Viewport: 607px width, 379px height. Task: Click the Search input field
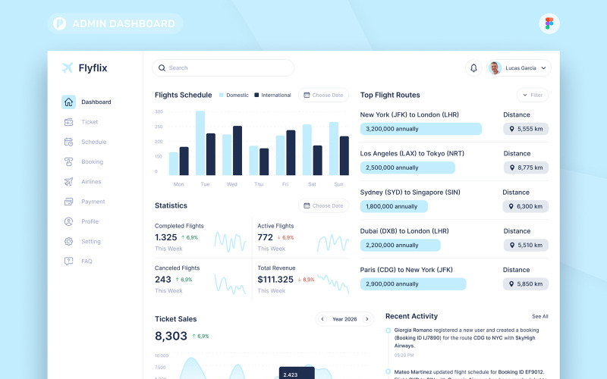pyautogui.click(x=223, y=68)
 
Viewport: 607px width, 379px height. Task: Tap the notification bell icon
pyautogui.click(x=473, y=68)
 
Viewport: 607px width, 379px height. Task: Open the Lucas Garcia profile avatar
pyautogui.click(x=495, y=68)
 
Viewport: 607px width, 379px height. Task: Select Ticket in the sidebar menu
pyautogui.click(x=89, y=122)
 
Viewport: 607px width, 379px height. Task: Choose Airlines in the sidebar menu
pyautogui.click(x=90, y=182)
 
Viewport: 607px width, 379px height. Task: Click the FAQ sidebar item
pyautogui.click(x=86, y=262)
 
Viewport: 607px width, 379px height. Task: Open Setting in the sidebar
pyautogui.click(x=90, y=242)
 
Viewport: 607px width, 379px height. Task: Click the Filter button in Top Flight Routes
pyautogui.click(x=533, y=96)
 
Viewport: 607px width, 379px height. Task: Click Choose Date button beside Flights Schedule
pyautogui.click(x=324, y=96)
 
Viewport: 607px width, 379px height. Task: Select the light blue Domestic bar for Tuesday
pyautogui.click(x=200, y=143)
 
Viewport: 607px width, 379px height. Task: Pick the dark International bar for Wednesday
pyautogui.click(x=237, y=151)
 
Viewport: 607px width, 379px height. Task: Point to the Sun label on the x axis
pyautogui.click(x=338, y=184)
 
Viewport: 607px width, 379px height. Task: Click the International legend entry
pyautogui.click(x=272, y=96)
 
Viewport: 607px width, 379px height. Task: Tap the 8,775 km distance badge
pyautogui.click(x=526, y=168)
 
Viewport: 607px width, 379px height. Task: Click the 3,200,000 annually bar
pyautogui.click(x=420, y=129)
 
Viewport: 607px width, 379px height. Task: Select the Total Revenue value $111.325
pyautogui.click(x=275, y=280)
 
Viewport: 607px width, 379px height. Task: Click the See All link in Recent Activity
pyautogui.click(x=539, y=316)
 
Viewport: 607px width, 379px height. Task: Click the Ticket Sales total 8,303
pyautogui.click(x=171, y=336)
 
